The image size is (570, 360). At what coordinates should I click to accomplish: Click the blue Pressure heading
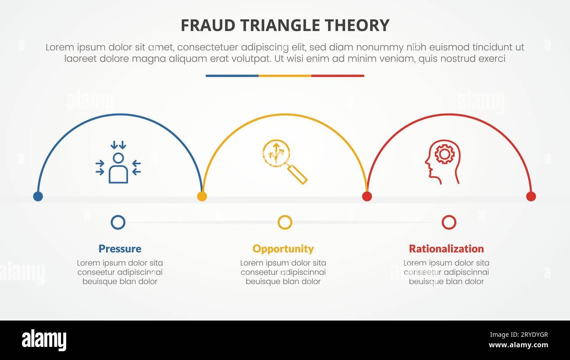(x=120, y=249)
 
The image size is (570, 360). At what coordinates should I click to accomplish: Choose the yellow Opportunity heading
(x=283, y=249)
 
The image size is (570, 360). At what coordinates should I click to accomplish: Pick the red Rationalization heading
(x=446, y=249)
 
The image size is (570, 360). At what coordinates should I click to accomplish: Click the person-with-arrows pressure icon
(x=118, y=162)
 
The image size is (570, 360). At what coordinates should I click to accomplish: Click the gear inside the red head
(x=444, y=154)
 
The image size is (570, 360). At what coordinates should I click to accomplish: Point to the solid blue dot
(x=38, y=196)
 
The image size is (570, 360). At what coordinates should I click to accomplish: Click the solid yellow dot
(x=202, y=196)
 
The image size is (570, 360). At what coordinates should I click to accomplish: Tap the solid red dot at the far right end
(x=531, y=196)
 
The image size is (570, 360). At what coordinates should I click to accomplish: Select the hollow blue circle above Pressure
(x=118, y=222)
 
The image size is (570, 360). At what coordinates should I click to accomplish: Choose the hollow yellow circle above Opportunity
(x=285, y=222)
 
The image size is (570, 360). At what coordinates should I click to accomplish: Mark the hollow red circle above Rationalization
(x=449, y=222)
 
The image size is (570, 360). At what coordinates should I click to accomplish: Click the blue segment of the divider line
(x=232, y=76)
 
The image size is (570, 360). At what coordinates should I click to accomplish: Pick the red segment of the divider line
(x=338, y=76)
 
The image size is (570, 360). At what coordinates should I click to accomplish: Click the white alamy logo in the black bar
(x=44, y=340)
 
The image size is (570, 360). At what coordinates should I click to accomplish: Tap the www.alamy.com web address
(x=518, y=345)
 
